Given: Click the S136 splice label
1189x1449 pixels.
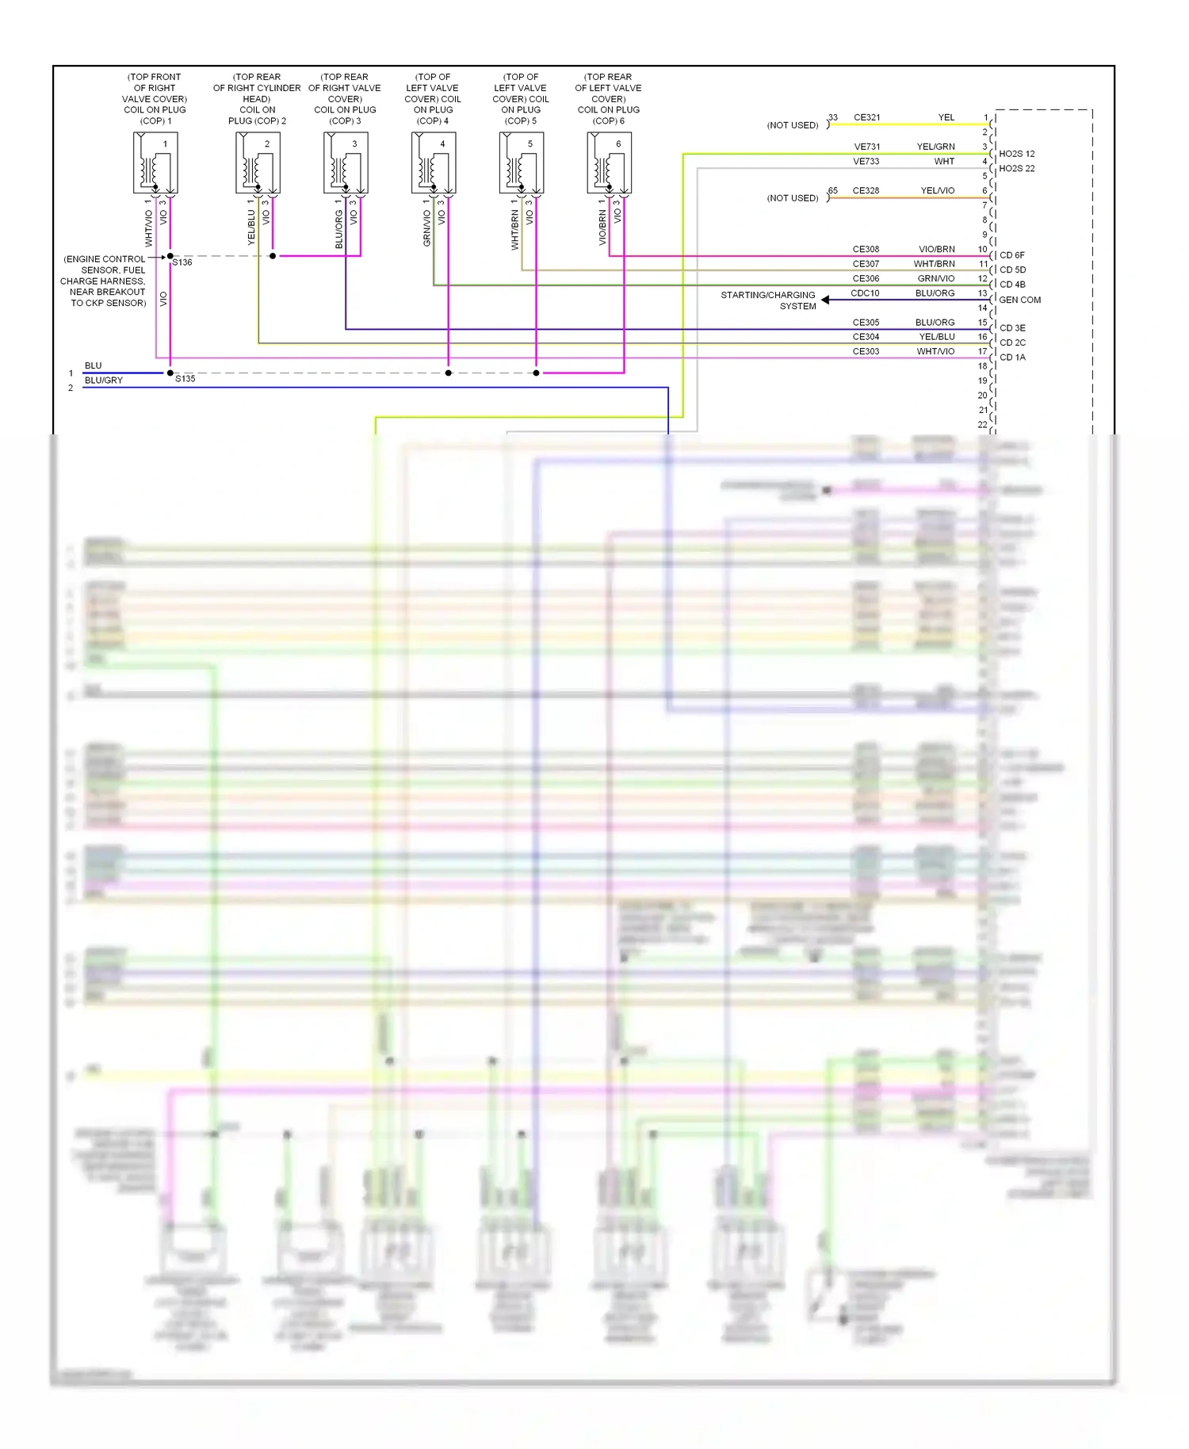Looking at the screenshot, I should coord(182,262).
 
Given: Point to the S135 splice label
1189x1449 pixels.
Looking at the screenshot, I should coord(185,379).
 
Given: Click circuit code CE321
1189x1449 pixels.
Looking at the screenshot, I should coord(866,117).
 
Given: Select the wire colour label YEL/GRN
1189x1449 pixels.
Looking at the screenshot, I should coord(935,147).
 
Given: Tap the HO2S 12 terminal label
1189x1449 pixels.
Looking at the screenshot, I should coord(1016,154).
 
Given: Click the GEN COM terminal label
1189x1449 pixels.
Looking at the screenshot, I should coord(1019,300).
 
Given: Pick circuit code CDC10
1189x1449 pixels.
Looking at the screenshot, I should coord(865,293).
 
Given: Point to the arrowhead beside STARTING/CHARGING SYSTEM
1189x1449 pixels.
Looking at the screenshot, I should coord(825,300).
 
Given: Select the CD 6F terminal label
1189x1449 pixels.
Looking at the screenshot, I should coord(1011,255).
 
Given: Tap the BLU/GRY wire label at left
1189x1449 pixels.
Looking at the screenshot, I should coord(103,380).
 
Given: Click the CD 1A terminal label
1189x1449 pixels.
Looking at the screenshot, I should coord(1012,357).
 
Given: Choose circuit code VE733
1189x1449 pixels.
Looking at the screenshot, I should coord(866,162).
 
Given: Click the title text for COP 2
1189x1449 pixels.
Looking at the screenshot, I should coord(257,99).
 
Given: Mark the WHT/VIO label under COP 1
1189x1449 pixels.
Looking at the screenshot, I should coord(148,227).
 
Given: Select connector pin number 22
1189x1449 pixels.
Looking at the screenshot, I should coord(983,425).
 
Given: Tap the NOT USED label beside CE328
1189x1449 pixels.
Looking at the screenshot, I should coord(792,198).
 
